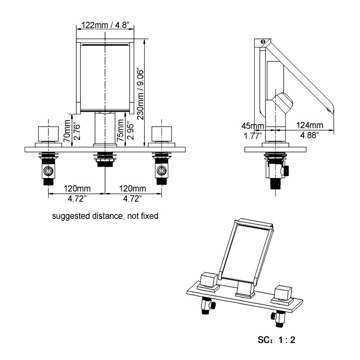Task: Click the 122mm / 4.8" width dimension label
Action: pos(104,25)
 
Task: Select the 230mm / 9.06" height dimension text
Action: pos(141,93)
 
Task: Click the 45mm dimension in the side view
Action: pos(252,126)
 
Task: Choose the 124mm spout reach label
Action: pos(310,126)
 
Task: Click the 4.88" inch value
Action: pos(310,135)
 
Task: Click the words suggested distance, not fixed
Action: pos(105,216)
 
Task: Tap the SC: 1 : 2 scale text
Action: pos(276,340)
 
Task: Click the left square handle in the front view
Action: pos(48,134)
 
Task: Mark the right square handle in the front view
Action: pos(162,134)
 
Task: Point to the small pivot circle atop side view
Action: pos(263,41)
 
